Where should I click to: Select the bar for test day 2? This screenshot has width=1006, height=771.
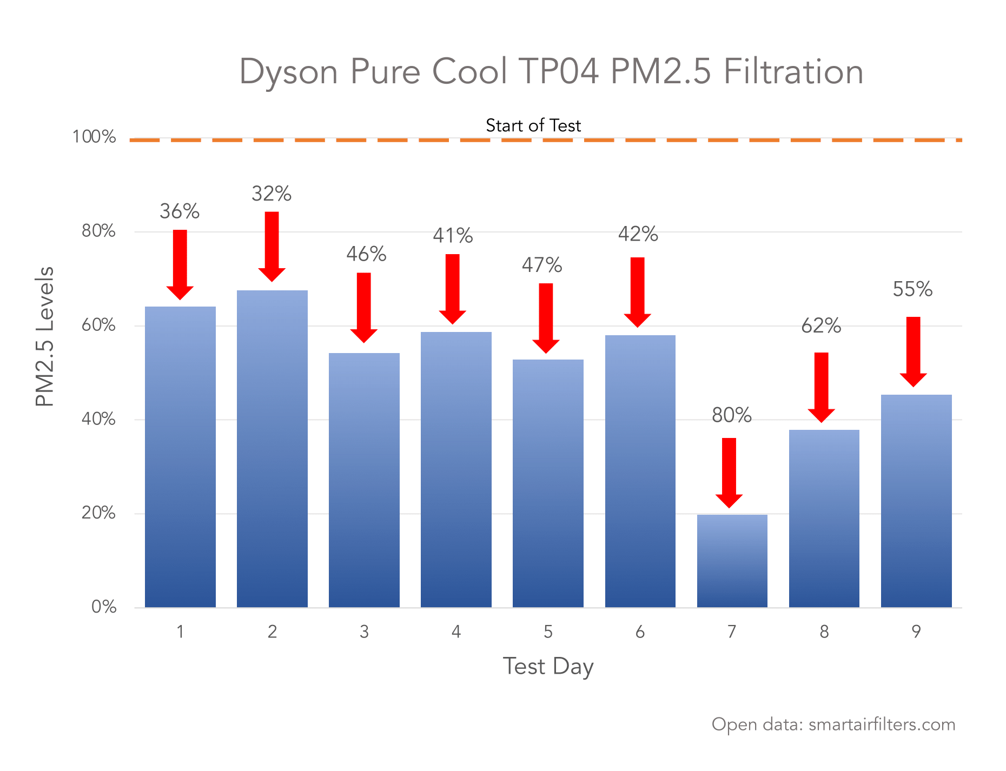[x=272, y=449]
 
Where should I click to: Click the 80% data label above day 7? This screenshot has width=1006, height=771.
[x=731, y=415]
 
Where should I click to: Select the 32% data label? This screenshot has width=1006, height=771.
[x=272, y=194]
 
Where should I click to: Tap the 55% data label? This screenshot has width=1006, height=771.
[x=912, y=289]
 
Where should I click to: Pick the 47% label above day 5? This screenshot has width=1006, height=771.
[x=542, y=265]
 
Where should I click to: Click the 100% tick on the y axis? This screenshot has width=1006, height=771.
[x=94, y=137]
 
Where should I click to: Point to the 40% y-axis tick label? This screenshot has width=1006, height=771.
[x=98, y=419]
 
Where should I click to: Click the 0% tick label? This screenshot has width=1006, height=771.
[x=103, y=607]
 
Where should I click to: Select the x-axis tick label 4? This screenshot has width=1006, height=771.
[x=456, y=632]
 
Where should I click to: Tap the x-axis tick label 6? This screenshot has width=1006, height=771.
[x=640, y=632]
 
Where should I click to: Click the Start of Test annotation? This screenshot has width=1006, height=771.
[x=533, y=125]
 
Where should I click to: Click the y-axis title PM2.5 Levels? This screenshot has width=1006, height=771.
[x=45, y=336]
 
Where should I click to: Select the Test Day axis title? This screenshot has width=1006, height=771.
[x=548, y=666]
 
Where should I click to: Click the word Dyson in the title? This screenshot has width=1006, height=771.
[x=288, y=72]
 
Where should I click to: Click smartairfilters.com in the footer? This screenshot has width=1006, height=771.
[x=882, y=725]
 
